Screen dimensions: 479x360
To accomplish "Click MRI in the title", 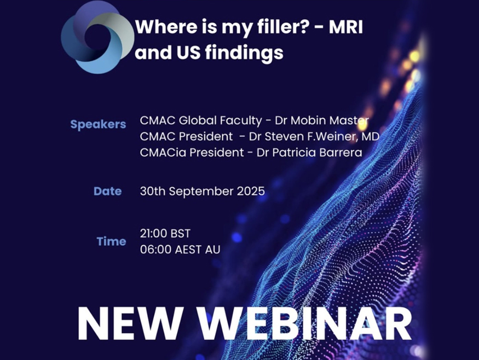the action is coord(345,27).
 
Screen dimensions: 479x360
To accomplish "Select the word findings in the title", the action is coord(244,53).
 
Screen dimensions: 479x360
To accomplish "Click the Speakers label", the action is coord(98,124).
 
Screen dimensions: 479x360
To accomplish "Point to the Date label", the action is coord(107,191).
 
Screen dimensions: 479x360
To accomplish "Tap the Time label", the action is coord(111,241).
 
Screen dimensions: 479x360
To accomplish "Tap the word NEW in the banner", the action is coord(130,323).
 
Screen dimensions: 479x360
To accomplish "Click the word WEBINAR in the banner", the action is coord(304,323).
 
